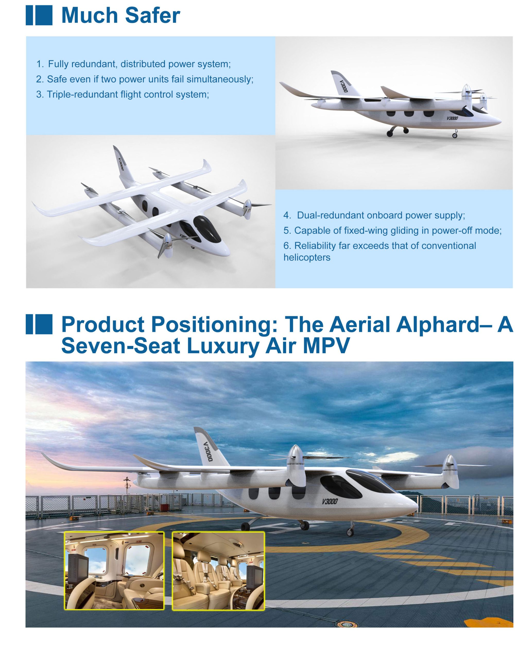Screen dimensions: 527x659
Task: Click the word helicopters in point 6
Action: click(307, 257)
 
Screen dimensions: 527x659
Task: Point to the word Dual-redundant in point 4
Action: click(331, 215)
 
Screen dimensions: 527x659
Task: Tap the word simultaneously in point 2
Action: click(220, 79)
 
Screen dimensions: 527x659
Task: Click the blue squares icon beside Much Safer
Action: click(39, 15)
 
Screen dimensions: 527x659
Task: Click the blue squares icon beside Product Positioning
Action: click(39, 324)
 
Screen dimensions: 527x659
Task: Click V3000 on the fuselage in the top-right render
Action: click(452, 118)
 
